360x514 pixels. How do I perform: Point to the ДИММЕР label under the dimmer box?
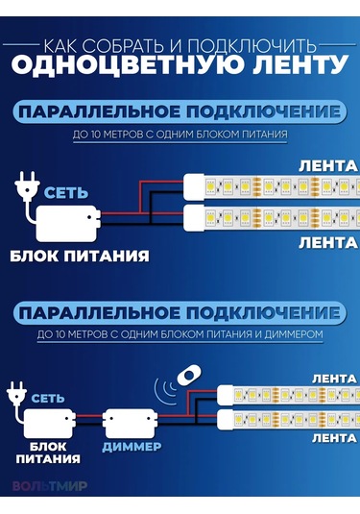click(x=132, y=448)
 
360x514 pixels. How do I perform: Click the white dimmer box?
click(x=132, y=422)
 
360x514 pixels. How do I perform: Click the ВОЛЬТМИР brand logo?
click(x=50, y=486)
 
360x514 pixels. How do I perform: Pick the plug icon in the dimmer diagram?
click(x=16, y=391)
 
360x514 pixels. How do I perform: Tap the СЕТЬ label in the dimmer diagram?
click(x=48, y=396)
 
